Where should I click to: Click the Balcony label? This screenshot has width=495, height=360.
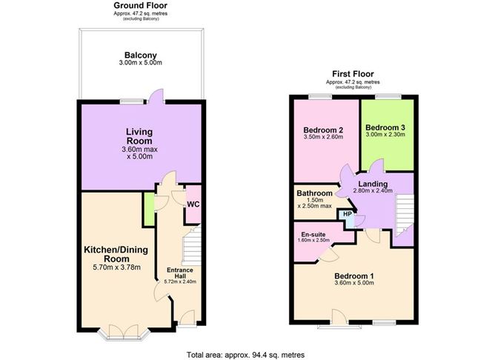(x=140, y=55)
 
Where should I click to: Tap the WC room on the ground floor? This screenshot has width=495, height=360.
(x=191, y=204)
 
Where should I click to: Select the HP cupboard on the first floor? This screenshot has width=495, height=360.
(x=348, y=215)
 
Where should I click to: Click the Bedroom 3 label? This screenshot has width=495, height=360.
(x=385, y=126)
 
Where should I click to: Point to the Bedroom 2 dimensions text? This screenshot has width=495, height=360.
(x=323, y=136)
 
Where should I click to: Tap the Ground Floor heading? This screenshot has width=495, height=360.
(x=140, y=5)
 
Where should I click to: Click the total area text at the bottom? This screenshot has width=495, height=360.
(x=245, y=353)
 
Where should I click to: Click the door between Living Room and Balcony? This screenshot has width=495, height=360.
(x=154, y=94)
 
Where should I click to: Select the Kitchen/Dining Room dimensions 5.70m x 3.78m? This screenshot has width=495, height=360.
(x=111, y=268)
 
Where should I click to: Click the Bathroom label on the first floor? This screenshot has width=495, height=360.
(x=315, y=193)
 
